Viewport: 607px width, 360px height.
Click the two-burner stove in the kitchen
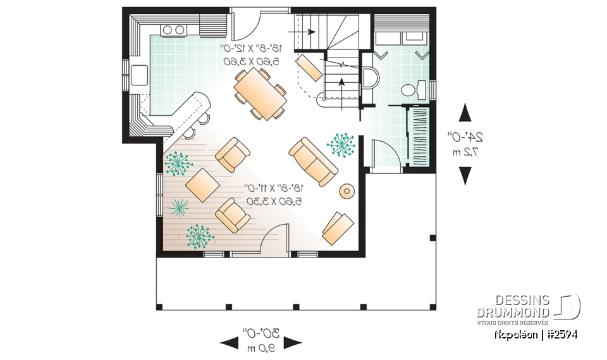pos(173,29)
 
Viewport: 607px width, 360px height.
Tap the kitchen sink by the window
pos(138,75)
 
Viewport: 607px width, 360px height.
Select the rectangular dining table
pos(260,94)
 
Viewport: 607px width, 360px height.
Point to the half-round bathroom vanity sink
pos(371,82)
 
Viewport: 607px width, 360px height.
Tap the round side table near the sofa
pos(346,190)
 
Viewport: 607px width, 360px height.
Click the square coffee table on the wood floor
pos(202,184)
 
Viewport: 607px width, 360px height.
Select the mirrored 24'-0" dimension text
pos(465,135)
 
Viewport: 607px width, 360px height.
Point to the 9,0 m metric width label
pos(260,347)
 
